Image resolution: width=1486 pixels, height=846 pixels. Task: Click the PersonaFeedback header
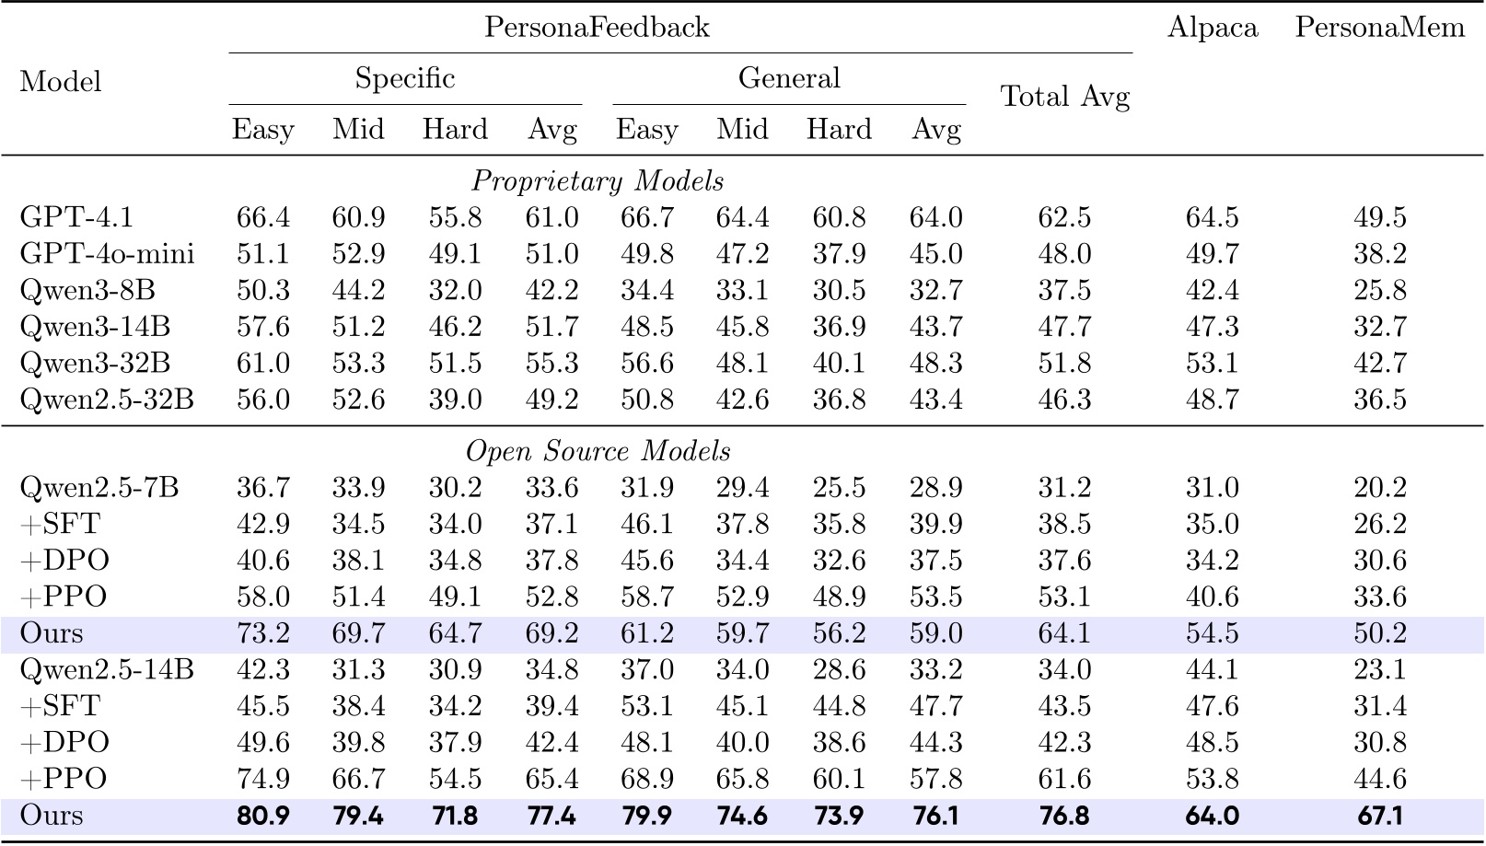[597, 28]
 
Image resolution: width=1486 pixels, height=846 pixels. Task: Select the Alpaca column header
[1212, 28]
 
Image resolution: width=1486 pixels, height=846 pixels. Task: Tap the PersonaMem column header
[1379, 28]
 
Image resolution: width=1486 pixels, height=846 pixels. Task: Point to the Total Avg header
[1064, 97]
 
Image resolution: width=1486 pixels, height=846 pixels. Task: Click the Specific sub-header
[405, 78]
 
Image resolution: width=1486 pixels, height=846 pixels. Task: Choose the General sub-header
[789, 78]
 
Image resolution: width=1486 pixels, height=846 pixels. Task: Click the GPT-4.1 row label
[76, 217]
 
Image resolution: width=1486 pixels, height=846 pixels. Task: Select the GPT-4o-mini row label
[107, 254]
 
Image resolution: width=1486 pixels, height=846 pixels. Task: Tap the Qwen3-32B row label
[95, 363]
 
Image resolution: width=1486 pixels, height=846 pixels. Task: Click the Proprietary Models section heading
[598, 180]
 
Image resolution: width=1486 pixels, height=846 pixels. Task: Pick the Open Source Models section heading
[598, 451]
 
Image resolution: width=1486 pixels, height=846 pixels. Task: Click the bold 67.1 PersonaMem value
[1379, 816]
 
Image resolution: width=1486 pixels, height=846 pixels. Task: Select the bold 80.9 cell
[262, 816]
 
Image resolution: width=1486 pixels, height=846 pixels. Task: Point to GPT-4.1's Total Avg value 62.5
[1064, 217]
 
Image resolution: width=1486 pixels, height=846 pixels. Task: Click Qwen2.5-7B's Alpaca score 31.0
[1212, 488]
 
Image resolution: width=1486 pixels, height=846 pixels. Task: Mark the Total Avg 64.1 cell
[1064, 633]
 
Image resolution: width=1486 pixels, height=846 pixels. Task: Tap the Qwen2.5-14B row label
[107, 670]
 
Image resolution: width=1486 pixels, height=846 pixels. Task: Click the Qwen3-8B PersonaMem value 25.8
[1379, 290]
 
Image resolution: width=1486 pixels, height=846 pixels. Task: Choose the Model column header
[60, 82]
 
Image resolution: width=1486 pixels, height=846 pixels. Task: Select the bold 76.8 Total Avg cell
[1064, 816]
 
